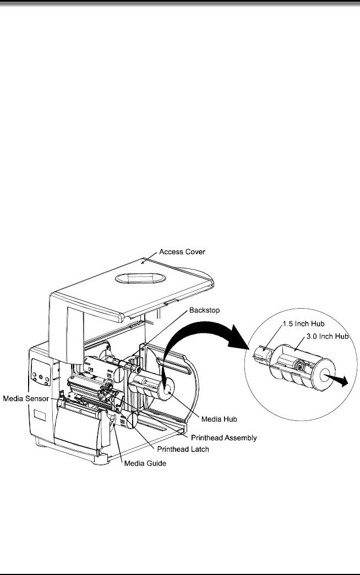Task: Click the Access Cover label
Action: [x=181, y=251]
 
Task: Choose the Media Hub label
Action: [x=219, y=419]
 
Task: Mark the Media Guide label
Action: [x=145, y=463]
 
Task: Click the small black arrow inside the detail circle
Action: [x=339, y=381]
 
